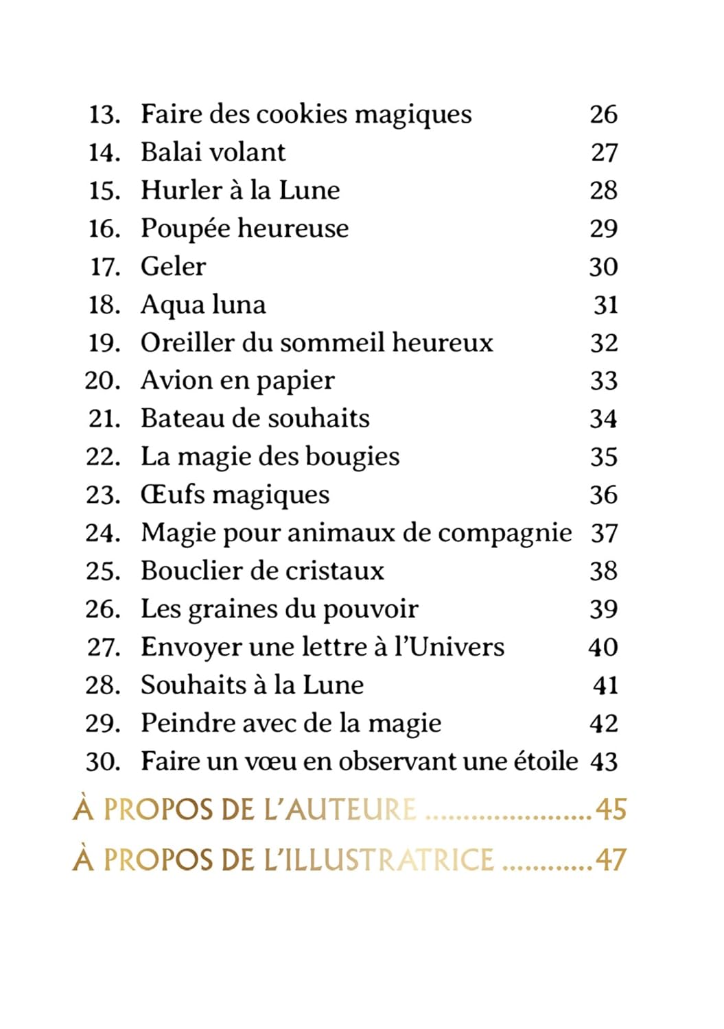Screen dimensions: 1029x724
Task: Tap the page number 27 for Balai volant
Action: point(604,152)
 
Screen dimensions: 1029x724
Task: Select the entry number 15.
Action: point(104,191)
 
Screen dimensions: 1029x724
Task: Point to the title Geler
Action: point(173,267)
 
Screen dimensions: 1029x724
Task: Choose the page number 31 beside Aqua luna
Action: point(605,305)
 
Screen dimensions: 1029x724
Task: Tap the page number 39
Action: point(604,609)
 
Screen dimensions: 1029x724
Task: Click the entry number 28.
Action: point(104,685)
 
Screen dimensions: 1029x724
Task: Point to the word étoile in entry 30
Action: point(546,761)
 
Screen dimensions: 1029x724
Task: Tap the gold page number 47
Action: point(611,860)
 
